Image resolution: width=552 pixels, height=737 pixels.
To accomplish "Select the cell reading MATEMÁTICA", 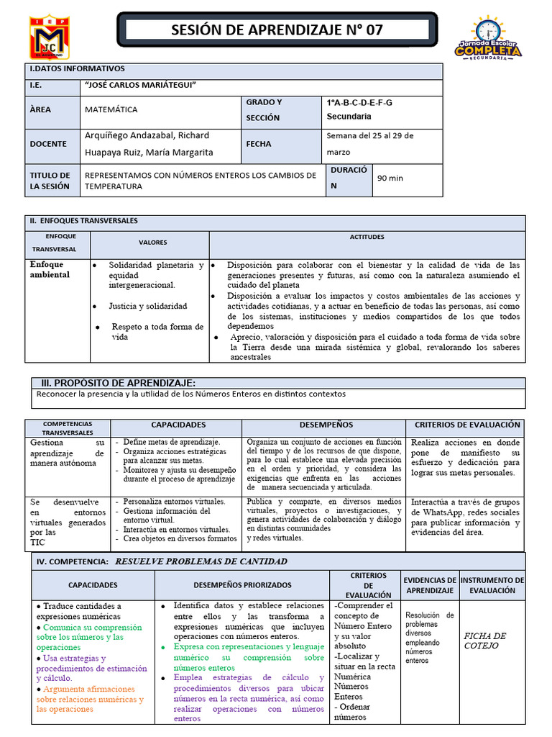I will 111,110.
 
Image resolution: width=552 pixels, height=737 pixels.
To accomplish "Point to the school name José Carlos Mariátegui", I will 140,86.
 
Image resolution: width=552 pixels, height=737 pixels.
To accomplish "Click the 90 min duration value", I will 390,178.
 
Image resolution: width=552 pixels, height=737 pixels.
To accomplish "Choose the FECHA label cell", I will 259,144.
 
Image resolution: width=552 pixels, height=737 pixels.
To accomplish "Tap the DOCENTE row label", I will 47,144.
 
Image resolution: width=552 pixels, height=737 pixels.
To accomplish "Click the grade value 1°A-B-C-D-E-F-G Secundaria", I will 359,109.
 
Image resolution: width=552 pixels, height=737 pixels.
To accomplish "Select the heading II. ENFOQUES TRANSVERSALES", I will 84,221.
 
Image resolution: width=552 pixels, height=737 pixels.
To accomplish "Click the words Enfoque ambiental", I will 50,270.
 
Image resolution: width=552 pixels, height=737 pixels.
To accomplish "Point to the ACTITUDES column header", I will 367,237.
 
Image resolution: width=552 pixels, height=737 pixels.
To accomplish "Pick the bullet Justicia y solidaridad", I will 147,306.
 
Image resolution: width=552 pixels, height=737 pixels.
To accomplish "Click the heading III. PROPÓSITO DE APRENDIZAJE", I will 116,383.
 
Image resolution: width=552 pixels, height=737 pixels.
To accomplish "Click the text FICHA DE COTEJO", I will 485,641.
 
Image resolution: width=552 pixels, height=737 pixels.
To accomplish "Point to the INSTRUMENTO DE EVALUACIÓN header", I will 492,584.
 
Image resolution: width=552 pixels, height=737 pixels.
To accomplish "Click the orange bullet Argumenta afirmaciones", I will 90,699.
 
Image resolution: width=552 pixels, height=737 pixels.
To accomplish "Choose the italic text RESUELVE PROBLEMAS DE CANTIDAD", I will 201,561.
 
